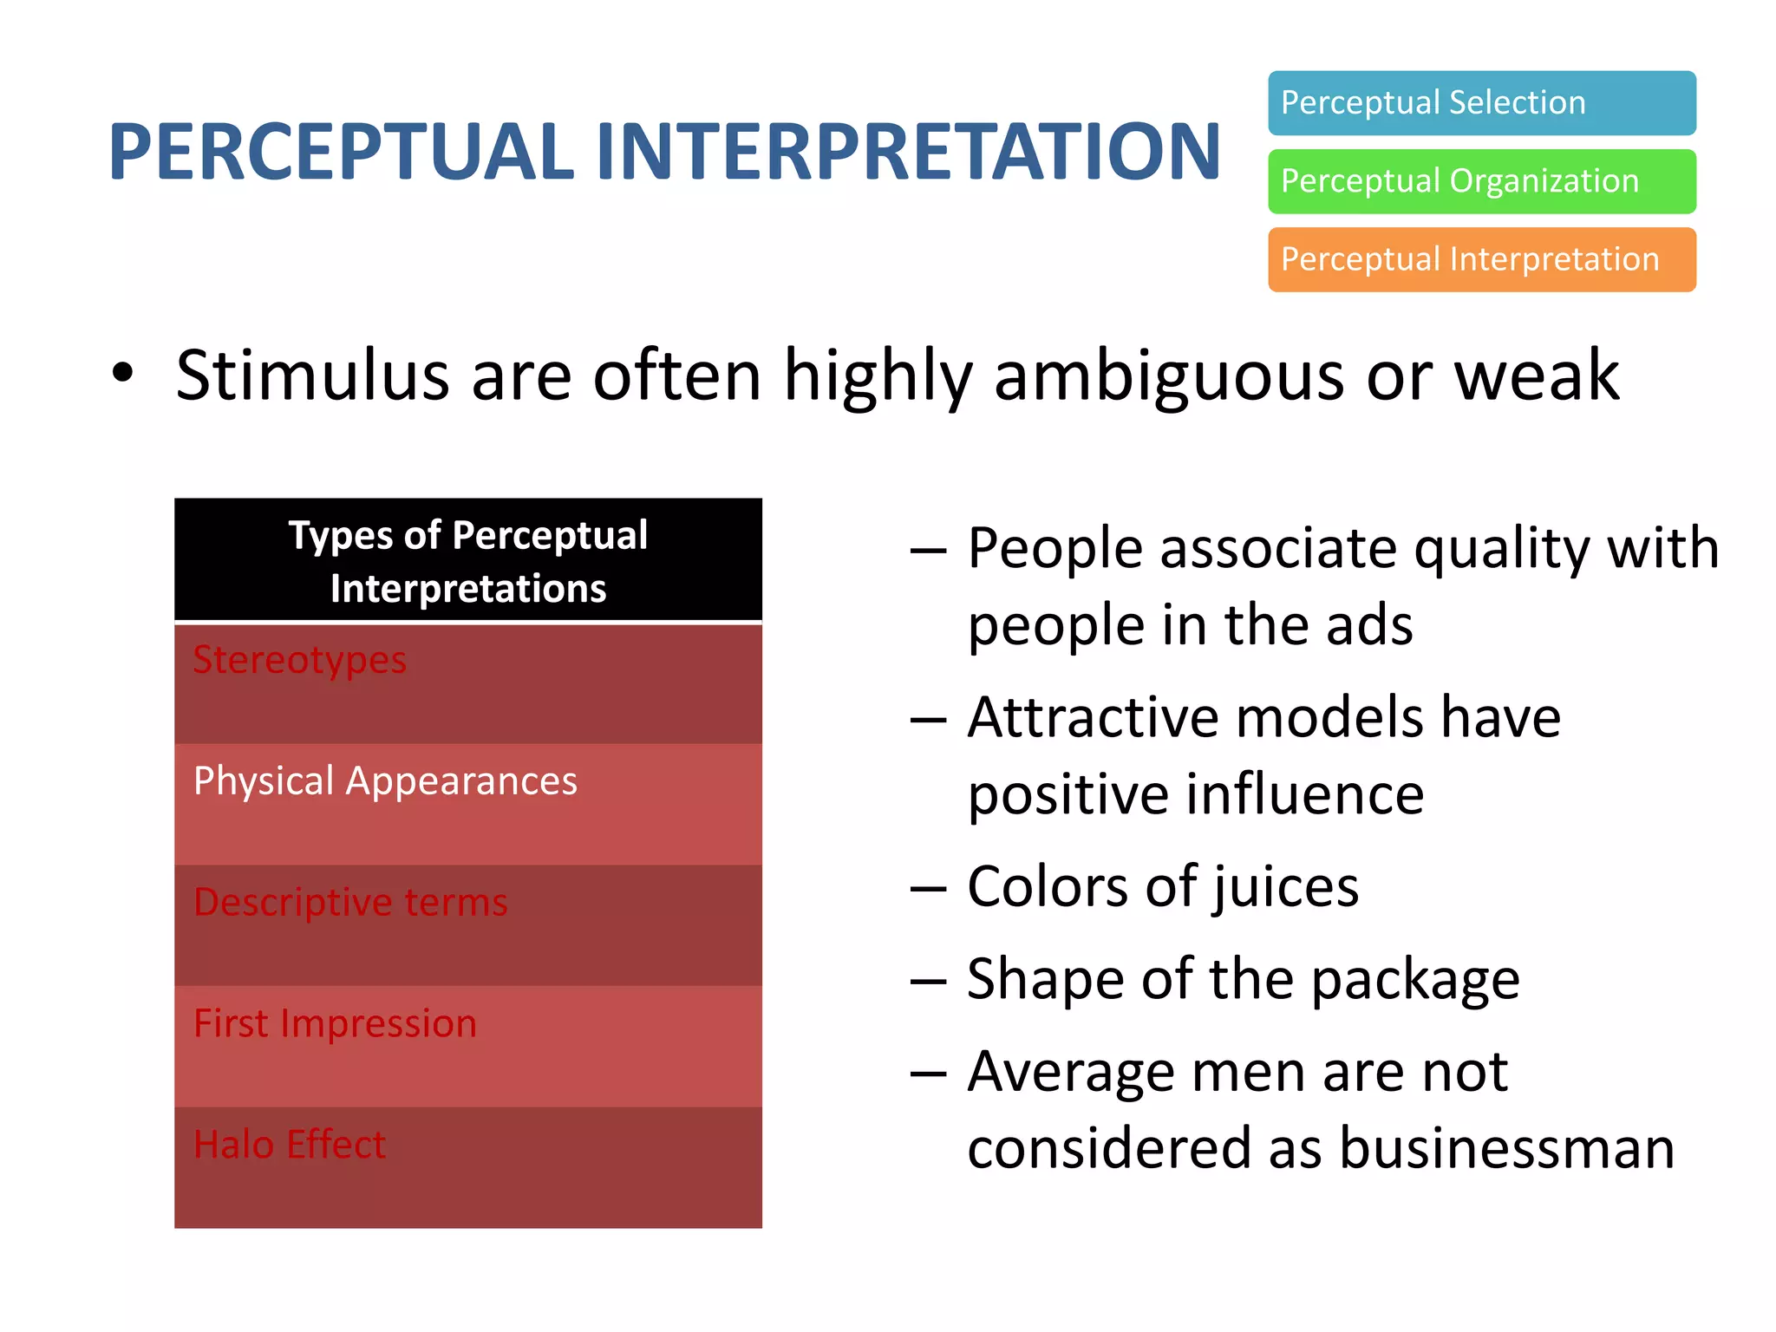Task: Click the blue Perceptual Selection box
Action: click(x=1481, y=103)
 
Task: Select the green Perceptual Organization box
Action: click(x=1481, y=181)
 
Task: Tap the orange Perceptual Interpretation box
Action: click(x=1481, y=259)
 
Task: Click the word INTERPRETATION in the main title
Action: click(x=908, y=152)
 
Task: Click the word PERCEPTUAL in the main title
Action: click(x=341, y=152)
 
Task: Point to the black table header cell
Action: click(x=468, y=560)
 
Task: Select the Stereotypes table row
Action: click(x=468, y=682)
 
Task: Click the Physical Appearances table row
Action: click(x=468, y=803)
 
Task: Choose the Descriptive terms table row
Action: click(x=468, y=924)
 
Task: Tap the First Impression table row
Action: click(x=468, y=1046)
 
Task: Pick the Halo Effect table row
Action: click(x=468, y=1167)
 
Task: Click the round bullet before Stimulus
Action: click(x=123, y=374)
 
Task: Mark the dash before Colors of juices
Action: click(x=928, y=889)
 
